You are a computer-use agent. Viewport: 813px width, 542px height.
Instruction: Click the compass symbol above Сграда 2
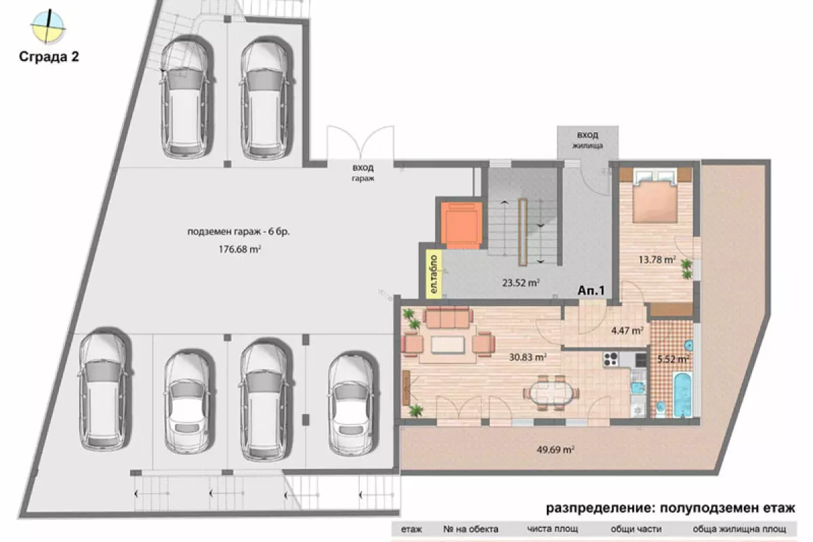coord(48,26)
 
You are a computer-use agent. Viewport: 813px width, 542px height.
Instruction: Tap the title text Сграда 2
coord(49,57)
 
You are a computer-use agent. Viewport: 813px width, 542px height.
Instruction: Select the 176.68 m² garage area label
coord(240,249)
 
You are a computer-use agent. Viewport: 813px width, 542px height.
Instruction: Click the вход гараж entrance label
coord(363,173)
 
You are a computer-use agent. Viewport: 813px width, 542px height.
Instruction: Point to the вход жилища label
coord(587,140)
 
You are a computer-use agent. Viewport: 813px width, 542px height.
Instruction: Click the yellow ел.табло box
coord(434,274)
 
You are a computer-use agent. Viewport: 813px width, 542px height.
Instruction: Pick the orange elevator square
coord(461,225)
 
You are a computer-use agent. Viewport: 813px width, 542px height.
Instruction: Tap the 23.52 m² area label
coord(520,283)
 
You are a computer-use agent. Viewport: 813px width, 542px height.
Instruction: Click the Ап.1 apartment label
coord(591,291)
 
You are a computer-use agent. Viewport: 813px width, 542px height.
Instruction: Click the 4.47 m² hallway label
coord(627,331)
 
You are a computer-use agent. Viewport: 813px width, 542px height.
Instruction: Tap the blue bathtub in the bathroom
coord(683,394)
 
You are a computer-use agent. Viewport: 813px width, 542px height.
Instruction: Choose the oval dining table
coord(551,393)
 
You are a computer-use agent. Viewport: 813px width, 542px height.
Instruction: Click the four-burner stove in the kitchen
coord(611,359)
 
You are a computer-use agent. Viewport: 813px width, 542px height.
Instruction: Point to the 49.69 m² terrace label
coord(556,450)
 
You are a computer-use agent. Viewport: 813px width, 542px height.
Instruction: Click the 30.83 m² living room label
coord(528,357)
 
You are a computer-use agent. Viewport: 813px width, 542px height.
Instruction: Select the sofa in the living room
coord(448,318)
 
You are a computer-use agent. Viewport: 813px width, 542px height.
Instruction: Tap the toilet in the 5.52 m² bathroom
coord(661,408)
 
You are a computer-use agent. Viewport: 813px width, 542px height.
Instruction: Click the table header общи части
coord(636,529)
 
